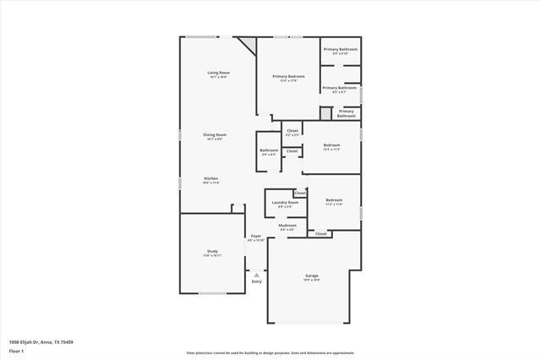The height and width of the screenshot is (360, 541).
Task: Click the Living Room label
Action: pos(218,73)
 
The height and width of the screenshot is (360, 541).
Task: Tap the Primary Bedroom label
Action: pos(288,77)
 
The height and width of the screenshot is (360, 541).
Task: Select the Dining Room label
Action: pos(215,134)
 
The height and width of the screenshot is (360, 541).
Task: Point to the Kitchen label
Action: pos(210,178)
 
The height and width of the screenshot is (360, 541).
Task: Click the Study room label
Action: pos(213,251)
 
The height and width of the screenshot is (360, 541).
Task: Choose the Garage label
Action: pos(311,276)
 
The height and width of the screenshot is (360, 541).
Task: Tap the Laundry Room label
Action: pos(285,203)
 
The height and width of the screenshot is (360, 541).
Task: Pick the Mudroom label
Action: pos(287,225)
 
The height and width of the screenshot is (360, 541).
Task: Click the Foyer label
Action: pos(255,236)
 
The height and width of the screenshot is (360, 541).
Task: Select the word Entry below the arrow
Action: pos(256,281)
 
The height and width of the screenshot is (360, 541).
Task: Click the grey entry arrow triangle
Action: pos(256,274)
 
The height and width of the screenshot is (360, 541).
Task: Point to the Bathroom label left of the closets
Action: pos(269,150)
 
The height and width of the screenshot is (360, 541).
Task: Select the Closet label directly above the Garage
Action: pos(320,233)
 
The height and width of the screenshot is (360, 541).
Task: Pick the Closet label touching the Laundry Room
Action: pos(300,193)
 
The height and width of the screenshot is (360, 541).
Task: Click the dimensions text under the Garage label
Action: pos(311,281)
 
